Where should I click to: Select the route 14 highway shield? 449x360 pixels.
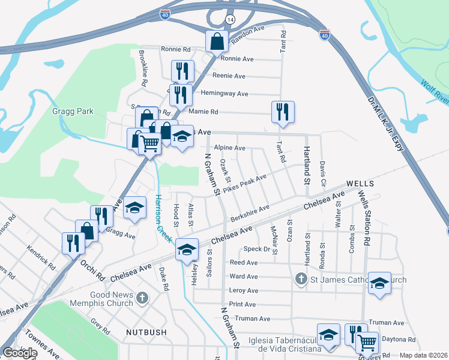231,20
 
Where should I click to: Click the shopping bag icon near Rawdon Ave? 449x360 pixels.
215,41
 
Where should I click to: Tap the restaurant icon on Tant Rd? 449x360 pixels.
282,112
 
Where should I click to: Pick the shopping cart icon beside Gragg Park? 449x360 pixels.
149,143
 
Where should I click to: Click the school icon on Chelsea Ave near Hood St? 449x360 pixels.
187,248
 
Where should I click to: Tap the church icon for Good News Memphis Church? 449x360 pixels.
142,297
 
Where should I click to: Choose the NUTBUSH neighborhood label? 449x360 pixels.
145,331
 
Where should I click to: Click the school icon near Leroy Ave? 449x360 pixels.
379,283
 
